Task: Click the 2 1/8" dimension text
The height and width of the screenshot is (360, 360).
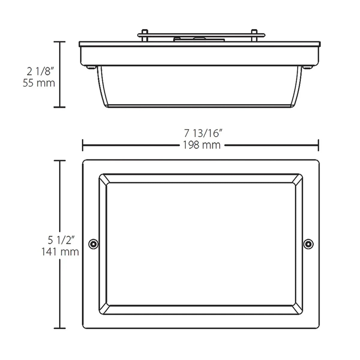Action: click(x=40, y=72)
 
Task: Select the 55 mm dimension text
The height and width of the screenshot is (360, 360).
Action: click(x=39, y=83)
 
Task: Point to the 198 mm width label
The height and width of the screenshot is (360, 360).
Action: click(x=202, y=145)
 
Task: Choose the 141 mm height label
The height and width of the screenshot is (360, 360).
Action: click(x=60, y=252)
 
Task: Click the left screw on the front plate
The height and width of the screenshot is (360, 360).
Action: click(x=94, y=244)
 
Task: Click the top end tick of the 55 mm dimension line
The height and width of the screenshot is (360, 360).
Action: click(x=60, y=42)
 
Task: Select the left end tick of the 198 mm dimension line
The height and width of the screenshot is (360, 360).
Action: click(x=83, y=145)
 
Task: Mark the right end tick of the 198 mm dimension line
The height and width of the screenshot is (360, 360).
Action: click(x=318, y=145)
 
